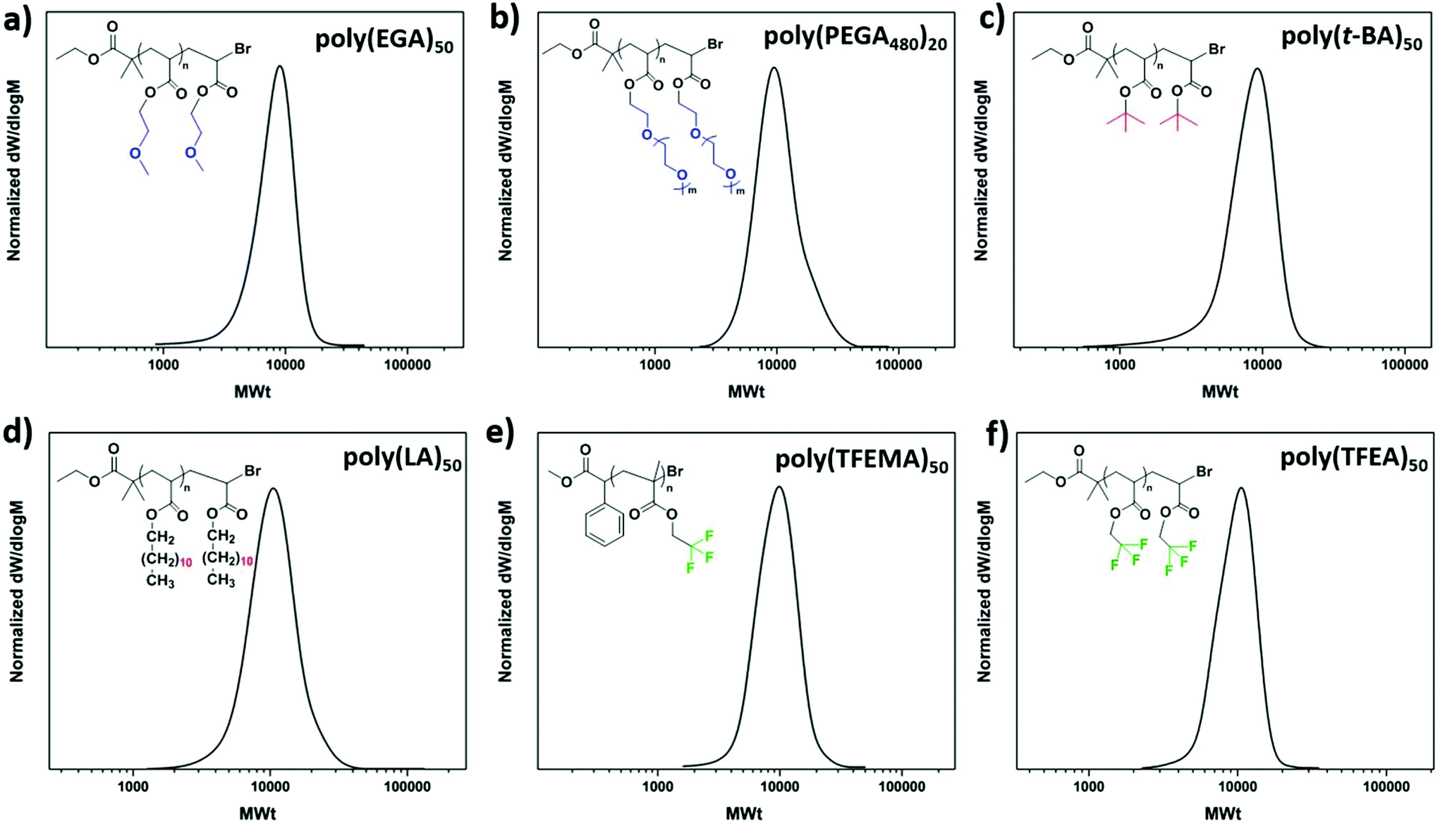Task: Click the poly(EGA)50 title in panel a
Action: tap(384, 40)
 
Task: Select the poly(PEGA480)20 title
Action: tap(855, 39)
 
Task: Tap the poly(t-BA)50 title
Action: tap(1351, 39)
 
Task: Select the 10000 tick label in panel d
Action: tap(271, 787)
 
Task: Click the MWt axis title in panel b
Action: tap(745, 391)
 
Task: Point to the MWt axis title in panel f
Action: tap(1222, 814)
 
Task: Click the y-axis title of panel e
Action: tap(505, 591)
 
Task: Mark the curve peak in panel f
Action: tap(1240, 488)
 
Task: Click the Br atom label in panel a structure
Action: tap(243, 49)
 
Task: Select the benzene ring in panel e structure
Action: tap(604, 525)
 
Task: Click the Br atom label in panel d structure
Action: tap(252, 471)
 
